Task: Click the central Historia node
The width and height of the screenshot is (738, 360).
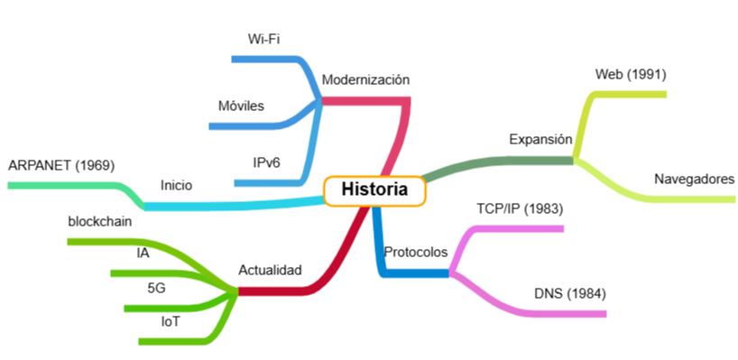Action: coord(374,190)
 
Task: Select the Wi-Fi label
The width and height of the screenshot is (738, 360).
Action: coord(263,40)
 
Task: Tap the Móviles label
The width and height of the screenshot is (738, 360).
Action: coord(241,106)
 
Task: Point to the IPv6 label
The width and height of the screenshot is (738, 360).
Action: coord(266,162)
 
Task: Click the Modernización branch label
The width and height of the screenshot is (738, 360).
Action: coord(365,79)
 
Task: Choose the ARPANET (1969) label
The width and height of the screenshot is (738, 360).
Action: coord(61,165)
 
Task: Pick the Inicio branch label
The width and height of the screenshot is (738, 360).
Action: coord(176,185)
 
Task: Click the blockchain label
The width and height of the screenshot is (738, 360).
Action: coord(100,221)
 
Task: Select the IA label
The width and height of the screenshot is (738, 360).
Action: coord(143,253)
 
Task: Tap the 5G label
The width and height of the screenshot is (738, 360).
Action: coord(156,287)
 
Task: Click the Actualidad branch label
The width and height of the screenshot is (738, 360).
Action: coord(270,270)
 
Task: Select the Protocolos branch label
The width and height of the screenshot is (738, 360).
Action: coord(415,252)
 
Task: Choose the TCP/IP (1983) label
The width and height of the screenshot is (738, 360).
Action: coord(520,209)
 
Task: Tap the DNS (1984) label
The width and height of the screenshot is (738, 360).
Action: coord(569,293)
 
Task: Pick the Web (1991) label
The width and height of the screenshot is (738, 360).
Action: coord(631,74)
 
